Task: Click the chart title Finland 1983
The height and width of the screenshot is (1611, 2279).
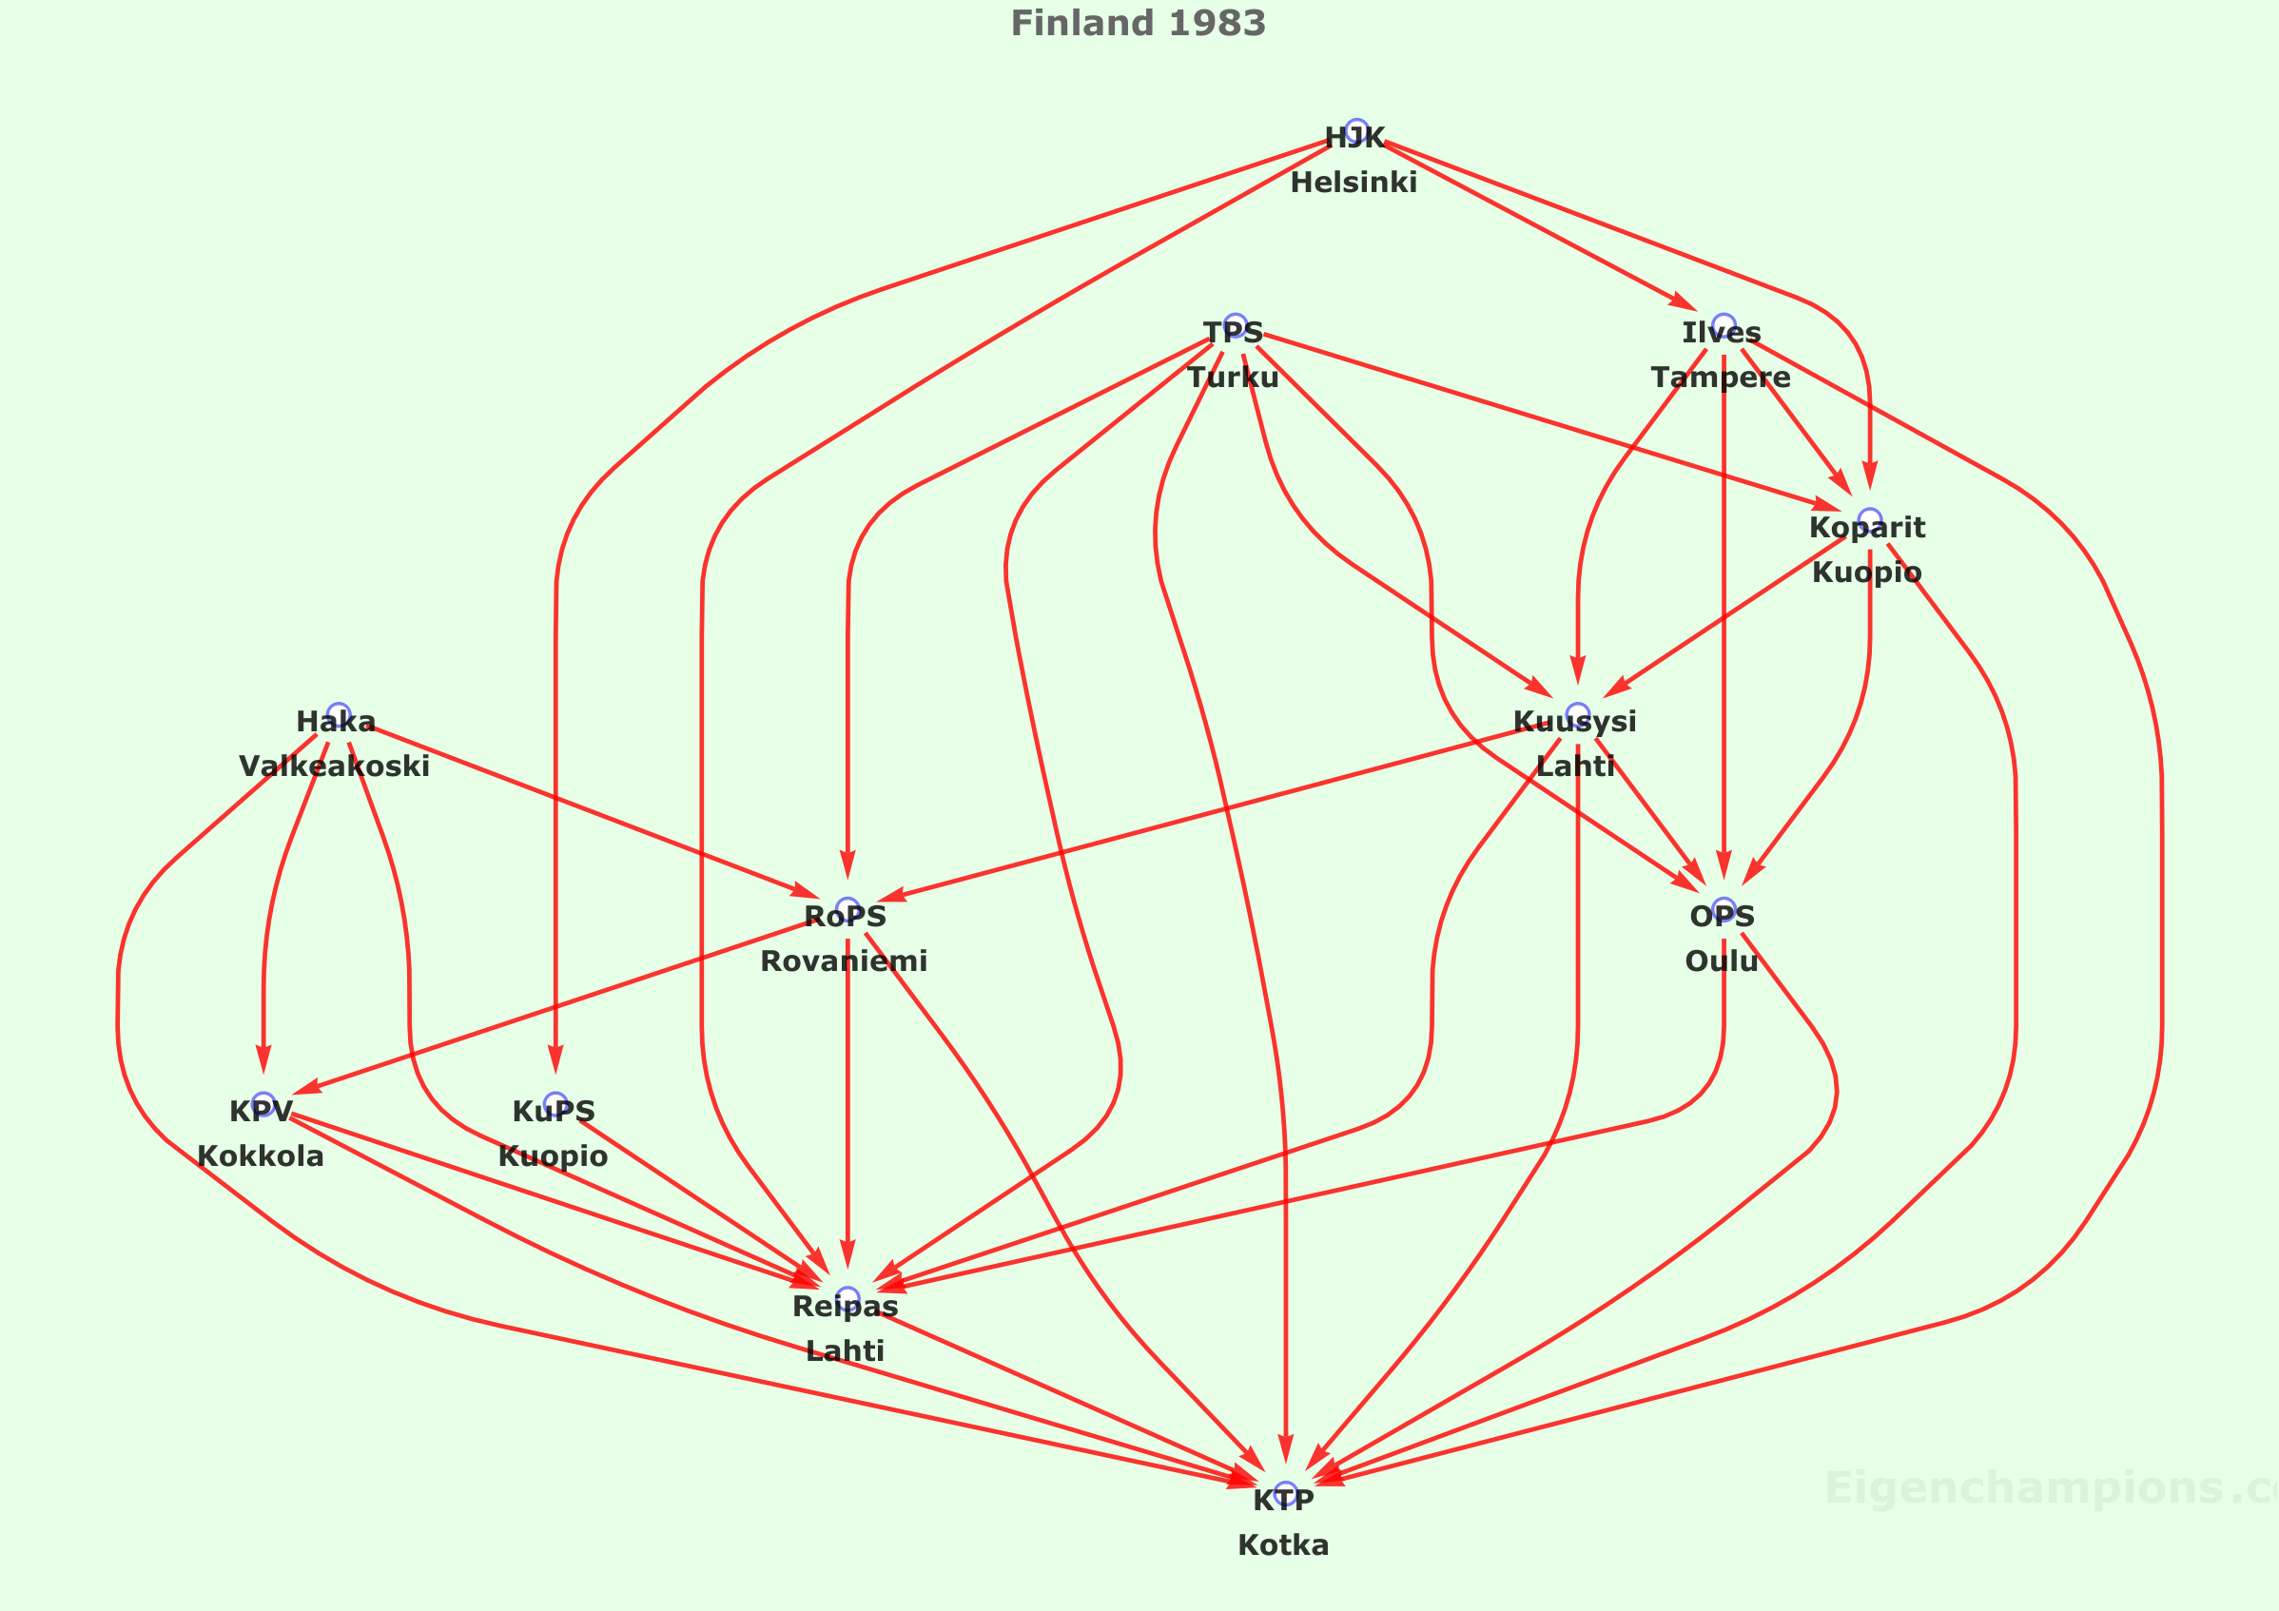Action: pyautogui.click(x=1138, y=24)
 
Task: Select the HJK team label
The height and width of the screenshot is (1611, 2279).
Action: pyautogui.click(x=1354, y=138)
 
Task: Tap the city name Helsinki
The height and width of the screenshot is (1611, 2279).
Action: pyautogui.click(x=1354, y=183)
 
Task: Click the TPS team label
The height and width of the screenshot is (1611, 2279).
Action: pyautogui.click(x=1233, y=333)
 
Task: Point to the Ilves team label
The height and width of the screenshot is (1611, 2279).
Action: pyautogui.click(x=1722, y=333)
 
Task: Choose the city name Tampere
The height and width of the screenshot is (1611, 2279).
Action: pyautogui.click(x=1722, y=378)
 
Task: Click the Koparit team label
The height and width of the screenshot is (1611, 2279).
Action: pyautogui.click(x=1867, y=528)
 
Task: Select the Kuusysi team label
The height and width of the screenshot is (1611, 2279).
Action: pyautogui.click(x=1575, y=722)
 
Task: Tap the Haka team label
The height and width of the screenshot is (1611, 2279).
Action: pyautogui.click(x=336, y=722)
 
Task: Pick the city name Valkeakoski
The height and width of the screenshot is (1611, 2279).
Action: pyautogui.click(x=335, y=767)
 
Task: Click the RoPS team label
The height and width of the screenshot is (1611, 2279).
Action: pyautogui.click(x=845, y=917)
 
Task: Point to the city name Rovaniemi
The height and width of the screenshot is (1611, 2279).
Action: pyautogui.click(x=844, y=961)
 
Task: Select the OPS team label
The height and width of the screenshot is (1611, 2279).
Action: pyautogui.click(x=1723, y=917)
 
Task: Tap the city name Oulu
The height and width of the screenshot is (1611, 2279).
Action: pyautogui.click(x=1723, y=961)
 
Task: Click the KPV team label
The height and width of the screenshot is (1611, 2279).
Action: pyautogui.click(x=261, y=1112)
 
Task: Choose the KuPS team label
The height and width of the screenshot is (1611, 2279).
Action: pyautogui.click(x=554, y=1112)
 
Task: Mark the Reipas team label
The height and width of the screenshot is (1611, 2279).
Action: pyautogui.click(x=845, y=1308)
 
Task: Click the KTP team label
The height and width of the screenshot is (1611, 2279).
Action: pyautogui.click(x=1283, y=1501)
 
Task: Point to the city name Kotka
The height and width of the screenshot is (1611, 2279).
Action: pyautogui.click(x=1283, y=1545)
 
